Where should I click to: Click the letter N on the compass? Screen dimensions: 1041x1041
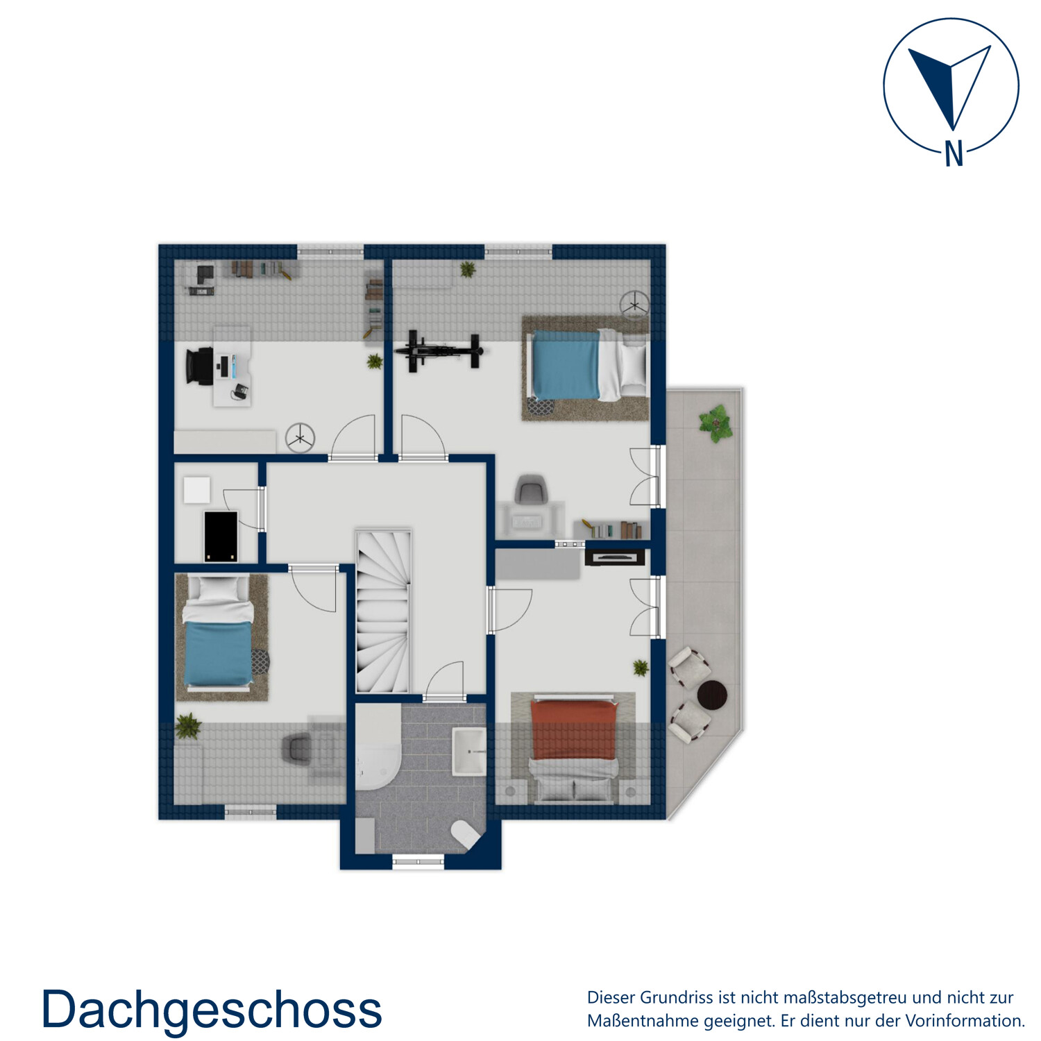click(954, 153)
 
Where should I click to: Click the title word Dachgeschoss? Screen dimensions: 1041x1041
click(212, 1010)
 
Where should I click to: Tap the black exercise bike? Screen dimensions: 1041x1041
click(439, 351)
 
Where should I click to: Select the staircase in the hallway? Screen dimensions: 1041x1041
click(382, 611)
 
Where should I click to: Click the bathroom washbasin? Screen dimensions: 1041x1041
click(469, 751)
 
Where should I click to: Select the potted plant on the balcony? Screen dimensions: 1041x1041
click(716, 423)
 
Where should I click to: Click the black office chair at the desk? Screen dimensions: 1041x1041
click(200, 366)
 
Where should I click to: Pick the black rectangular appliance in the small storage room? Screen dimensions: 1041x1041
click(221, 536)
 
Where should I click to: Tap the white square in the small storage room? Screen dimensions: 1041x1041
click(197, 489)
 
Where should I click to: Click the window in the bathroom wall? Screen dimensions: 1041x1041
click(418, 862)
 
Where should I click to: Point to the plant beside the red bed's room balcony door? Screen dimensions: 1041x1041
click(641, 668)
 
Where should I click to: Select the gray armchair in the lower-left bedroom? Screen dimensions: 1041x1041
click(298, 748)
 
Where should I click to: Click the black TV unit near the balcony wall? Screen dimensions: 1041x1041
click(615, 557)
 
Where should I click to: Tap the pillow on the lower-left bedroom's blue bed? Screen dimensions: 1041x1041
click(219, 590)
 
